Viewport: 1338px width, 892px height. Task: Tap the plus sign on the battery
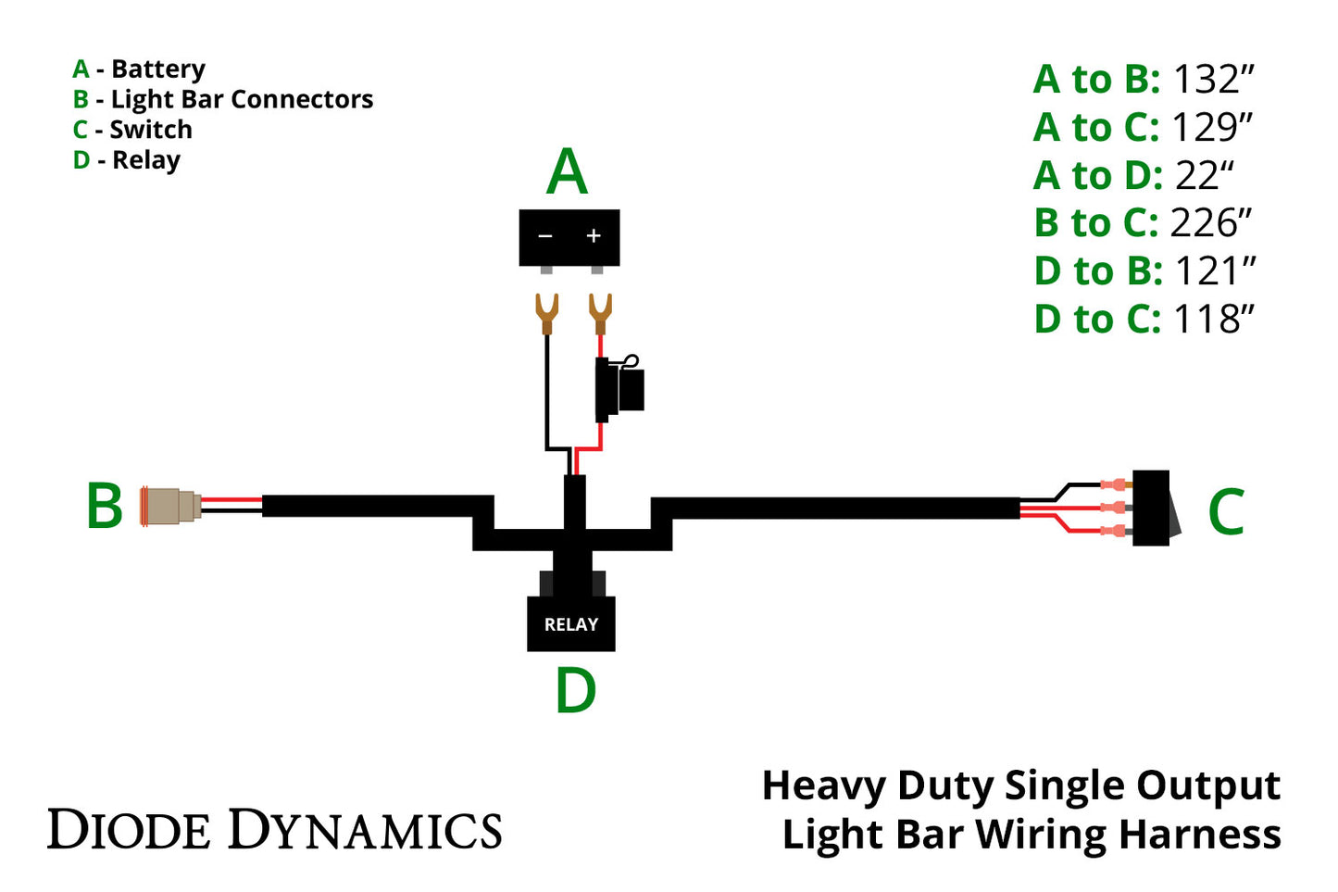(594, 236)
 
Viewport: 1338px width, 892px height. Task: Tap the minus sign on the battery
(545, 236)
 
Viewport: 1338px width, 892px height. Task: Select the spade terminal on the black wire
(546, 313)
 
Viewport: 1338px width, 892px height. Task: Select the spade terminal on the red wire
(600, 313)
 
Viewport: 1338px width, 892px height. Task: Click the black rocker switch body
(1151, 508)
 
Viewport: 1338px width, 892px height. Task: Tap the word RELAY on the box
(570, 625)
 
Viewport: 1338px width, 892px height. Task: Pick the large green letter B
(104, 507)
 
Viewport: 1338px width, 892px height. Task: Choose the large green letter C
(1225, 511)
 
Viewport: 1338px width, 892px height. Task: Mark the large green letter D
(575, 691)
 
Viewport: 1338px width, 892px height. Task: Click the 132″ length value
(1212, 80)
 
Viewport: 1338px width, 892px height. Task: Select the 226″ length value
(1210, 223)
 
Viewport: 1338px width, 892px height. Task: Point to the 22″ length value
(1205, 175)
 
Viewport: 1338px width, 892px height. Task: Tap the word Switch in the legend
(151, 130)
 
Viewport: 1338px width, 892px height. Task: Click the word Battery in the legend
(158, 69)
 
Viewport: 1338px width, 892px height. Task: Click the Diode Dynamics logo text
(275, 830)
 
